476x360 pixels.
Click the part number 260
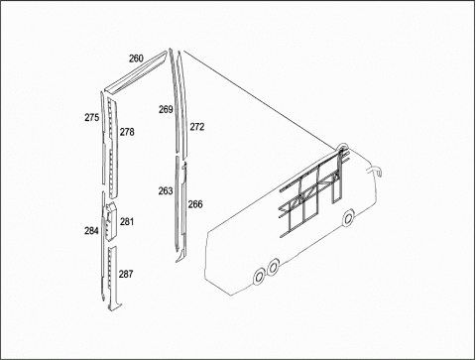(136, 59)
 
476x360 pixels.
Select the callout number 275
(91, 117)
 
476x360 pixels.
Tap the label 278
(127, 132)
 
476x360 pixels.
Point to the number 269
(166, 109)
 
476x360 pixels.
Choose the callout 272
(197, 127)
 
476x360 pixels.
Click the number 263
(166, 190)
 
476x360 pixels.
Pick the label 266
(195, 204)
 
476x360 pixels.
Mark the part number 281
(127, 221)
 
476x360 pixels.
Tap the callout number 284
(91, 231)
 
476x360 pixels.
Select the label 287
(126, 274)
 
